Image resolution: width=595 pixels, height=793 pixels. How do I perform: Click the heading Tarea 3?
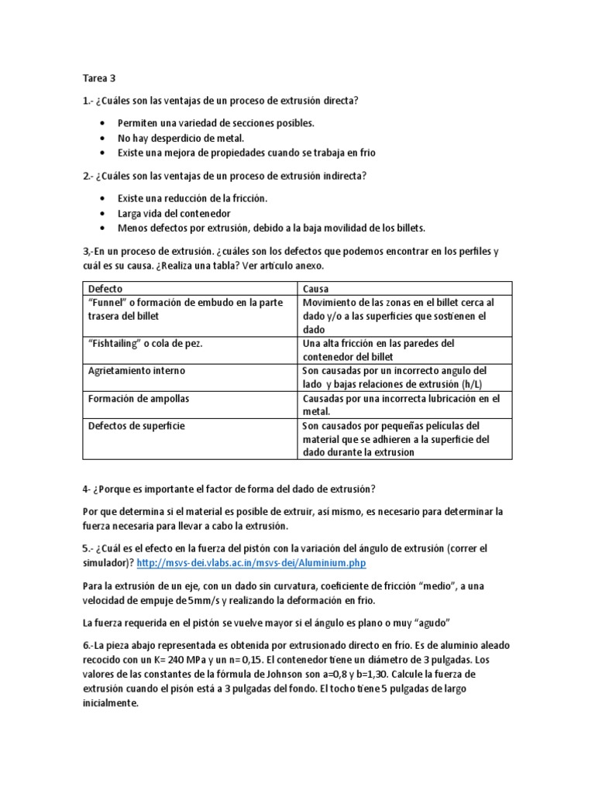[98, 78]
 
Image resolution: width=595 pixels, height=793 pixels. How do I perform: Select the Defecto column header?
[105, 288]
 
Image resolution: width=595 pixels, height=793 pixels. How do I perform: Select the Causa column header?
[315, 288]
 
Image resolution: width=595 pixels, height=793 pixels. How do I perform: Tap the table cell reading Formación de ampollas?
[139, 398]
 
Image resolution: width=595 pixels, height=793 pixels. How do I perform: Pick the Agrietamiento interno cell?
[137, 371]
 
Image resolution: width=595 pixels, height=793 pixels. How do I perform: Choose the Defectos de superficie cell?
[136, 426]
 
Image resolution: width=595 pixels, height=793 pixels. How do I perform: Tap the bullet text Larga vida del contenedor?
[174, 213]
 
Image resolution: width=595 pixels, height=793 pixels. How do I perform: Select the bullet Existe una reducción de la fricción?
[192, 198]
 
